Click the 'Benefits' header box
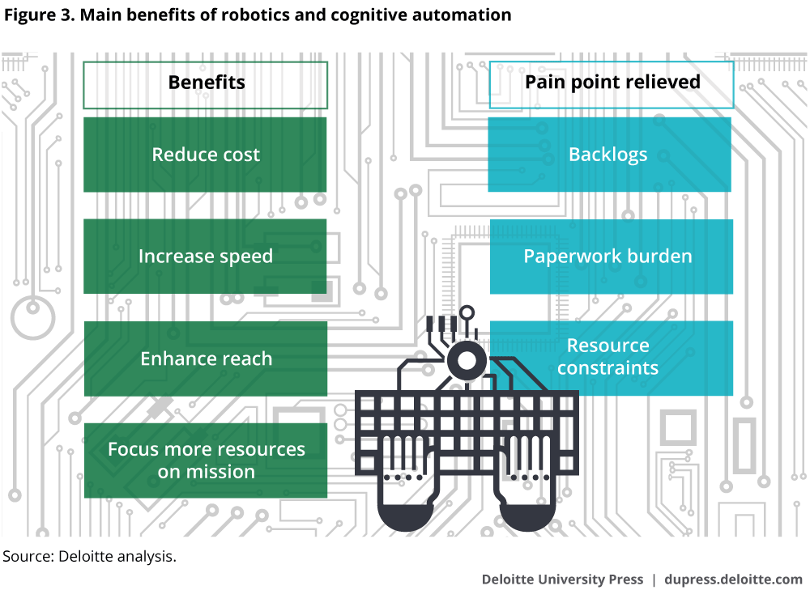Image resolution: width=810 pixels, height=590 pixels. [x=206, y=84]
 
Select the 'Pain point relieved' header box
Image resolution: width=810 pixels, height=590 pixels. [x=612, y=84]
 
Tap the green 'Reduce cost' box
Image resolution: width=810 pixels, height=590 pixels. [x=206, y=155]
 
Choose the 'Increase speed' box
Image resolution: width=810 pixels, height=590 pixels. [x=206, y=257]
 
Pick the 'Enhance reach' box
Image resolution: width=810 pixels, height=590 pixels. [x=206, y=359]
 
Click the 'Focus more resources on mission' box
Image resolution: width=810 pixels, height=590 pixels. [x=206, y=461]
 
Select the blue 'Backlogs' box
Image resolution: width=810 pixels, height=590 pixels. [x=609, y=155]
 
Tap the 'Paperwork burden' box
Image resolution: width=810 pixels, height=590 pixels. [x=609, y=257]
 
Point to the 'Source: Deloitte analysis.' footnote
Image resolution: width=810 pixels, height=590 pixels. [x=89, y=556]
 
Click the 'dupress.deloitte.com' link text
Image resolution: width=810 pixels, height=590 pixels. [x=733, y=579]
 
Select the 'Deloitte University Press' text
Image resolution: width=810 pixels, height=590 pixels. [x=562, y=579]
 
